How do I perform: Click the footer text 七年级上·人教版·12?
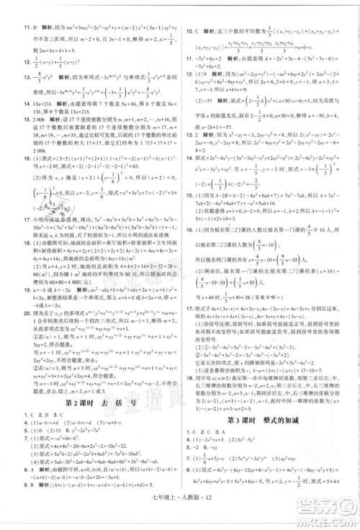click(179, 513)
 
